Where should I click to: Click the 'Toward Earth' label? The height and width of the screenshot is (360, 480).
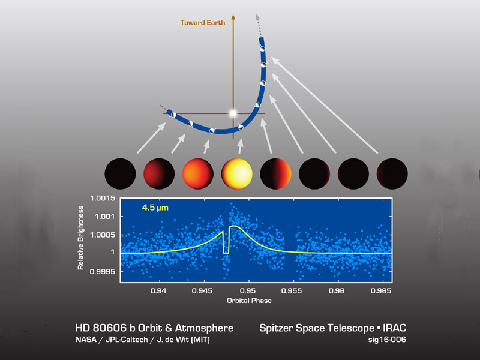[x=203, y=23]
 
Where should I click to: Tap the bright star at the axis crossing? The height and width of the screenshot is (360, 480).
[x=233, y=113]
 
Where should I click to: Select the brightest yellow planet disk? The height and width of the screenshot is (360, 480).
[x=236, y=173]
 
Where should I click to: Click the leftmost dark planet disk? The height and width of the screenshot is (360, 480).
[x=120, y=173]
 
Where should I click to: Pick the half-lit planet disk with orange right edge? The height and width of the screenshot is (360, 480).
[x=275, y=173]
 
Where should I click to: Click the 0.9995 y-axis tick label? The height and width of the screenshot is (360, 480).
[x=103, y=272]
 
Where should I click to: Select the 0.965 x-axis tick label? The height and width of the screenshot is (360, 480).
[x=381, y=291]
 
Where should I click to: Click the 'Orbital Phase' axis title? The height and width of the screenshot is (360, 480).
[x=249, y=301]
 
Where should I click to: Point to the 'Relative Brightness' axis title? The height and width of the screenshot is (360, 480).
[x=80, y=238]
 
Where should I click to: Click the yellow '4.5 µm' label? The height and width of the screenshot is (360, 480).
[x=155, y=208]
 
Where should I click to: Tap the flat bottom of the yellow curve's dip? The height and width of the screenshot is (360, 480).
[x=226, y=253]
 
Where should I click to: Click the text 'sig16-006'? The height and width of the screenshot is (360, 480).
[x=387, y=340]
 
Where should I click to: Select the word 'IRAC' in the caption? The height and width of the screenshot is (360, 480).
[x=395, y=328]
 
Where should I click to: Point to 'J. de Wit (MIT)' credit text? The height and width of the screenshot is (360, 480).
[x=184, y=340]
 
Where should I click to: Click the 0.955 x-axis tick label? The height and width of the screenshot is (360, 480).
[x=292, y=291]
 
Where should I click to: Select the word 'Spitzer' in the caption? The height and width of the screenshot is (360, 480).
[x=276, y=328]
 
